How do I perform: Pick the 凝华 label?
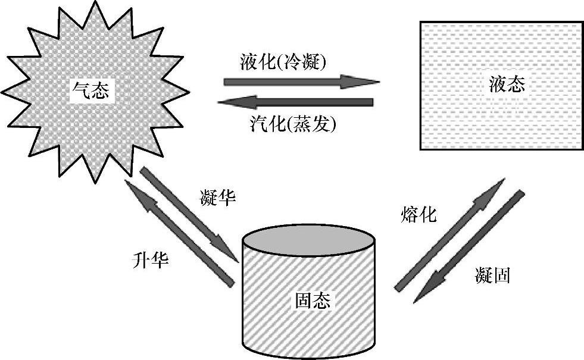tap(218, 199)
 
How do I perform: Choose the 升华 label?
tap(149, 261)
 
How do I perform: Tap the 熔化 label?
tap(418, 214)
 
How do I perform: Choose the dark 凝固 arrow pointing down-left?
tap(470, 246)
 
